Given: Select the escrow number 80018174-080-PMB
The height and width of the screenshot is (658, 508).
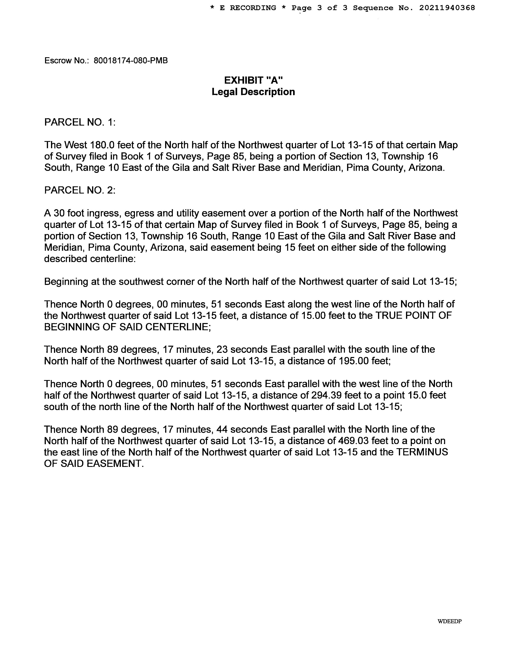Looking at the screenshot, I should click(131, 61).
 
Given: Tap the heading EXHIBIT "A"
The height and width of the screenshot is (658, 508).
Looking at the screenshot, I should click(253, 80).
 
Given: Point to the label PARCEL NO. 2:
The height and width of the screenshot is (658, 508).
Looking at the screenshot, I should click(80, 190).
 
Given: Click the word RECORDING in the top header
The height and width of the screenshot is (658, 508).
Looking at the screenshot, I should click(253, 8).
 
